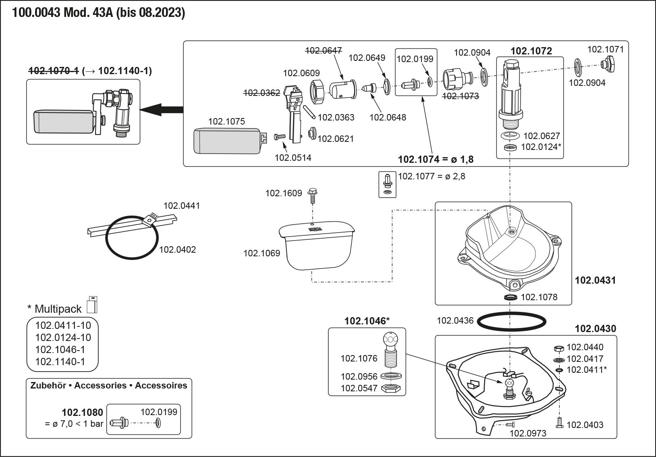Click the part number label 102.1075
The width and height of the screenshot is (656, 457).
pos(226,121)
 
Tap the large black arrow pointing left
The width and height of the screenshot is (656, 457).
pos(161,110)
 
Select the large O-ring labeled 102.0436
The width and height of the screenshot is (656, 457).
pos(512,322)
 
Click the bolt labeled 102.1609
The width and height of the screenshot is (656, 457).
pos(312,196)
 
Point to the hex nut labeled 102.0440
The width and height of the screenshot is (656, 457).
pos(559,349)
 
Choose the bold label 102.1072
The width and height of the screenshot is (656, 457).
pos(531,51)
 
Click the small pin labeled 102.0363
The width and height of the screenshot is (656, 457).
pos(309,112)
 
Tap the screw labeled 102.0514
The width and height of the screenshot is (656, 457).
pos(280,137)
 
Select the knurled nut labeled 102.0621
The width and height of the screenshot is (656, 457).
pos(312,133)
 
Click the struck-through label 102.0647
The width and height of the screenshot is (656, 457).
pos(323,51)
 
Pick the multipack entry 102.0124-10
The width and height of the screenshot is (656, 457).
pos(63,337)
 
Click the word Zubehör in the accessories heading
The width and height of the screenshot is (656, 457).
pos(48,385)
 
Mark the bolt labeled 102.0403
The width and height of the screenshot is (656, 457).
pos(560,423)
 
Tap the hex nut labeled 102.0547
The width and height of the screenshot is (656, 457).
pos(391,388)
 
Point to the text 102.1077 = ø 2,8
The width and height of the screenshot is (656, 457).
pos(432,177)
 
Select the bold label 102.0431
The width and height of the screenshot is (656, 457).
pos(596,280)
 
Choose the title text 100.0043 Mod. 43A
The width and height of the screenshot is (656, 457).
pos(63,12)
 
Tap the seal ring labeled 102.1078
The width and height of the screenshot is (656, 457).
pos(511,297)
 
